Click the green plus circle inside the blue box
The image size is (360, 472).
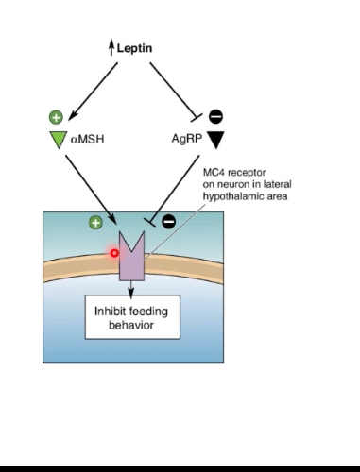94,223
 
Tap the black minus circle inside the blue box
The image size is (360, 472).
169,223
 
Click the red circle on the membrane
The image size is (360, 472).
114,252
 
